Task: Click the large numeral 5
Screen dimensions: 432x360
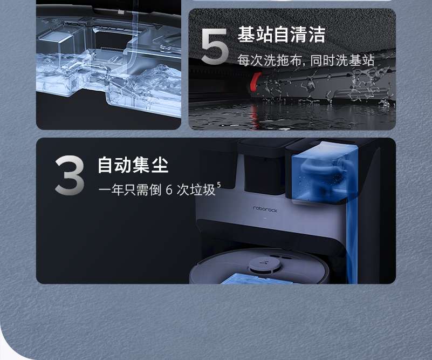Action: tap(215, 46)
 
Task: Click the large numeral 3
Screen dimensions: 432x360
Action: tap(70, 175)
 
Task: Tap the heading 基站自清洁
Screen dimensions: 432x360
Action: tap(282, 35)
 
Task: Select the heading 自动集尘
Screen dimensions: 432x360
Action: tap(133, 165)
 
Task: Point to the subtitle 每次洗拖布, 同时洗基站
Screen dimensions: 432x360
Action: tap(306, 60)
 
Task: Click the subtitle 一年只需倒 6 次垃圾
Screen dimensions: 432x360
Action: tap(157, 189)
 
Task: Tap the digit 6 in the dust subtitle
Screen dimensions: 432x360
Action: tap(169, 189)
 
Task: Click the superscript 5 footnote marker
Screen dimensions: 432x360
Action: tap(219, 185)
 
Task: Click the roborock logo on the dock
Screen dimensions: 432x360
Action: tap(265, 210)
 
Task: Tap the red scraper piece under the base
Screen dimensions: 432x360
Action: tap(256, 82)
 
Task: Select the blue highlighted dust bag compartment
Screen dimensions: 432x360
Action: tap(324, 174)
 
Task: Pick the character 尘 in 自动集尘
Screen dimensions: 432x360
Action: tap(160, 165)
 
